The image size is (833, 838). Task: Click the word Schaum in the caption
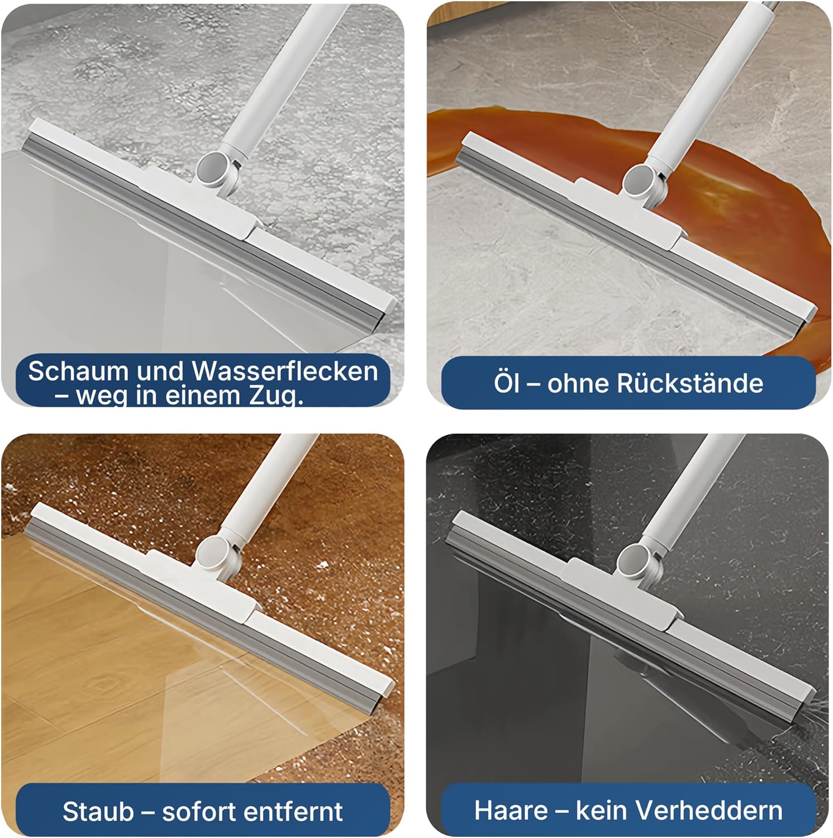[x=78, y=372]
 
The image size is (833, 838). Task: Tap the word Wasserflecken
[x=285, y=372]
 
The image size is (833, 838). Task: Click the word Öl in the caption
[x=506, y=383]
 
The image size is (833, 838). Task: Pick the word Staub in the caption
[x=98, y=811]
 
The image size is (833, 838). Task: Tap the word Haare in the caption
[x=511, y=810]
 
